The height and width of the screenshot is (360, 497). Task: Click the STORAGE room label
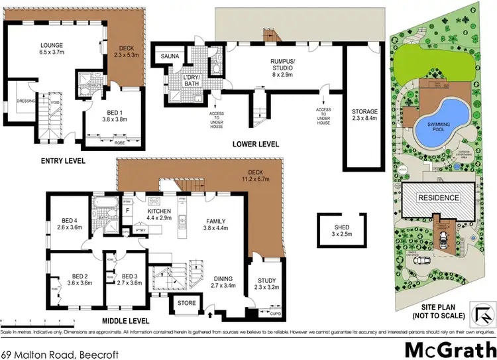(x=364, y=111)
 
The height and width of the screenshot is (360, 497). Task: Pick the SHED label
(x=342, y=227)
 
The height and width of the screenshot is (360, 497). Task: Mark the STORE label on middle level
(x=185, y=304)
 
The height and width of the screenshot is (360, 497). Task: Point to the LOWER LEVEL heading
(x=255, y=144)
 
